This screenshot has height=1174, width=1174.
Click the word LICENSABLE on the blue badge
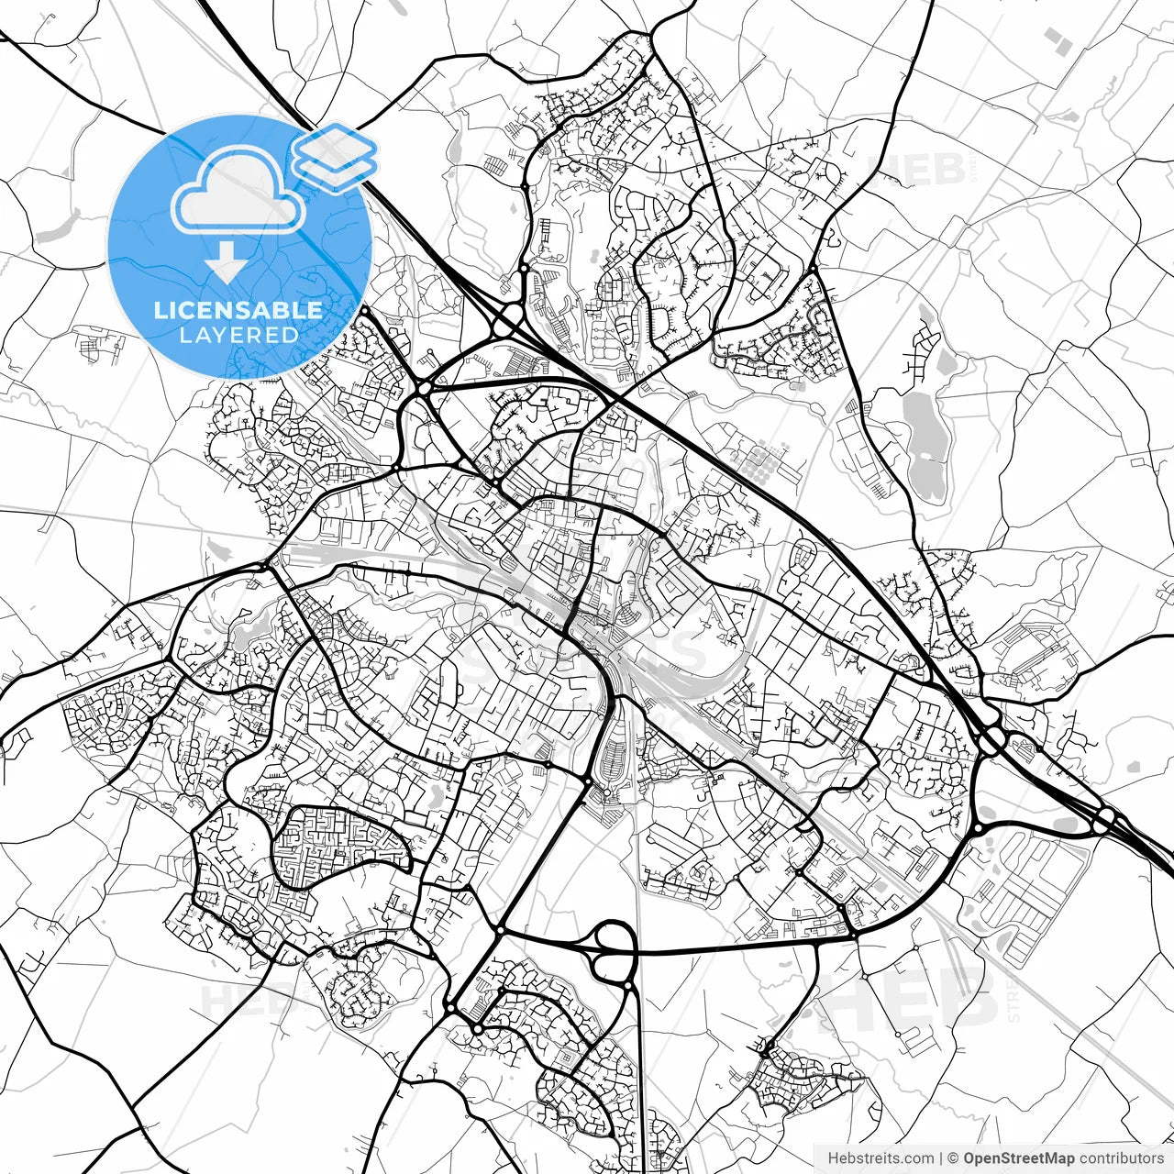tap(238, 310)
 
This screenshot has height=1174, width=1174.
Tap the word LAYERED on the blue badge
tap(238, 336)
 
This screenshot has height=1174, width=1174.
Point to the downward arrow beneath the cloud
tap(226, 264)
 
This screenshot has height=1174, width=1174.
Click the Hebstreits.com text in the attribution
tap(880, 1158)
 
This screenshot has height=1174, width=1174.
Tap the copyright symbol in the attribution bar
tap(953, 1158)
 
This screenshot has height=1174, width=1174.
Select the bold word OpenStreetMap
tap(1018, 1158)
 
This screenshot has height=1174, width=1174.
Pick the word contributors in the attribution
tap(1121, 1158)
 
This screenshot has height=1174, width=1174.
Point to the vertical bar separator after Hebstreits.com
tap(941, 1158)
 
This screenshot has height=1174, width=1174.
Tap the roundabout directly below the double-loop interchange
tap(628, 986)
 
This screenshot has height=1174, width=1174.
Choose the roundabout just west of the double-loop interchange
tap(500, 931)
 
